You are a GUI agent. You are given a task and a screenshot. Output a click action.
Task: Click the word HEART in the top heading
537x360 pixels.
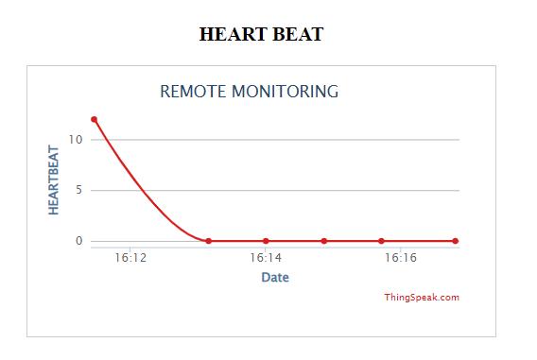pyautogui.click(x=228, y=35)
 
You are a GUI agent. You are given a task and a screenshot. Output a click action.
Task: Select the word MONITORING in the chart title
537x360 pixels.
pyautogui.click(x=287, y=92)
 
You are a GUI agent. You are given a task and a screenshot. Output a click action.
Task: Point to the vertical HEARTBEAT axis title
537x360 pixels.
pyautogui.click(x=55, y=180)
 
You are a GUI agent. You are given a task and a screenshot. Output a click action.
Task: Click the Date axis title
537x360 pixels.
pyautogui.click(x=275, y=278)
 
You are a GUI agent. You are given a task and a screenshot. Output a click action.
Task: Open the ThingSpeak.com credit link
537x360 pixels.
pyautogui.click(x=422, y=298)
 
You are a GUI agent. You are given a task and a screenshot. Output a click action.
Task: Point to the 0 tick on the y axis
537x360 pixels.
pyautogui.click(x=79, y=241)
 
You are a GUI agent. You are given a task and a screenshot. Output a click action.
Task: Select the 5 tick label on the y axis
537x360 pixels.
pyautogui.click(x=79, y=190)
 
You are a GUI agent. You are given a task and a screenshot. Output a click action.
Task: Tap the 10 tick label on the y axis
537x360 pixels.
pyautogui.click(x=76, y=140)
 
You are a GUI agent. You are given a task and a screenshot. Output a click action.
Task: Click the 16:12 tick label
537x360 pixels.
pyautogui.click(x=130, y=258)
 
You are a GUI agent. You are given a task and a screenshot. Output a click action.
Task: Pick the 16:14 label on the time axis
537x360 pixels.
pyautogui.click(x=266, y=258)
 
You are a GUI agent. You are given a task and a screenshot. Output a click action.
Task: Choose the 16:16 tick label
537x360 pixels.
pyautogui.click(x=400, y=258)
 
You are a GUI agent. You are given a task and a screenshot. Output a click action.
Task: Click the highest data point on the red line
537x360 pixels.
pyautogui.click(x=94, y=119)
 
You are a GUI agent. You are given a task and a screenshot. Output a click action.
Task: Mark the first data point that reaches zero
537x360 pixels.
pyautogui.click(x=208, y=241)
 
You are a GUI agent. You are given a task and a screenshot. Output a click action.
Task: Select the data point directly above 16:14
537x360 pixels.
pyautogui.click(x=266, y=241)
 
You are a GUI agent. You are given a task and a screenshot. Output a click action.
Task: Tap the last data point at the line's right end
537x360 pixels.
pyautogui.click(x=455, y=241)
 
